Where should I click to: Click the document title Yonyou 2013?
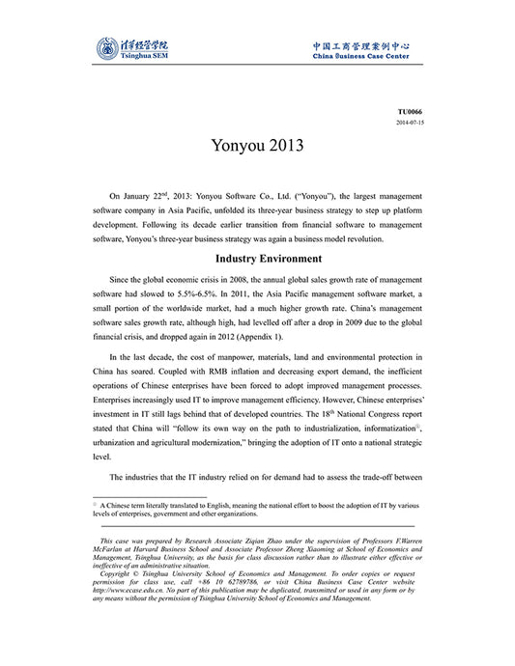[x=257, y=147]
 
